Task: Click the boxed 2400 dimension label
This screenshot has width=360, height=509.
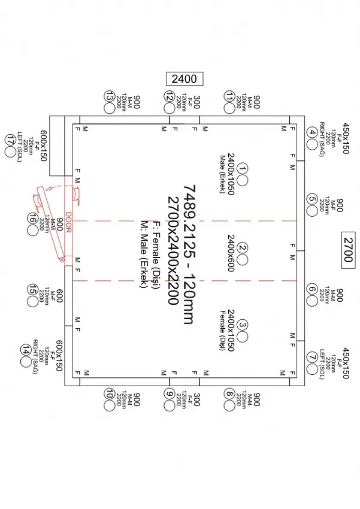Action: point(184,78)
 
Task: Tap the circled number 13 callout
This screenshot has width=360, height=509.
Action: point(109,96)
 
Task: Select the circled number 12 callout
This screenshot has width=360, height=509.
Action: point(170,96)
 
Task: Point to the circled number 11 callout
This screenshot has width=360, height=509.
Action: point(229,96)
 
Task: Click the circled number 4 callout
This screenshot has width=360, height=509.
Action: point(312,133)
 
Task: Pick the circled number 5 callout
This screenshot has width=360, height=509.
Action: point(312,199)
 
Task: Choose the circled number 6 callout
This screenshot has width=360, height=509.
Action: point(312,289)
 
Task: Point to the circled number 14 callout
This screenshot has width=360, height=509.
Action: point(26,350)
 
